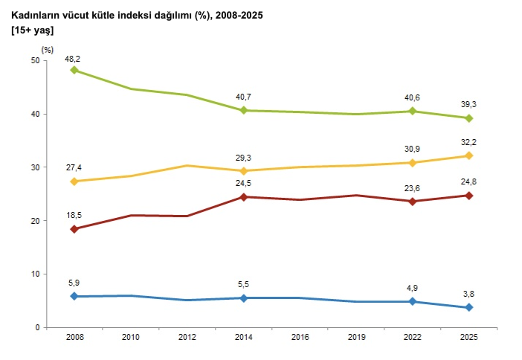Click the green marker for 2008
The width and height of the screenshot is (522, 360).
74,70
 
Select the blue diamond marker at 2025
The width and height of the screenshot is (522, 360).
468,307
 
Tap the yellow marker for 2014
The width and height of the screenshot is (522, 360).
244,171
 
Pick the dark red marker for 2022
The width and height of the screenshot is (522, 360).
413,202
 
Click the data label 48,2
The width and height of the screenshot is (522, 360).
73,60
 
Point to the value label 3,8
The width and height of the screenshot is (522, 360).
468,294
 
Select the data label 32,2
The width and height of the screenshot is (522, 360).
468,143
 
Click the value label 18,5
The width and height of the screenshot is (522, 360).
74,216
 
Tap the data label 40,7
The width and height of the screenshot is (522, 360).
243,97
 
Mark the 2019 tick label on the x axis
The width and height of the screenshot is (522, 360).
356,338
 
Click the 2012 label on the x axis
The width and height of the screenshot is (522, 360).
187,338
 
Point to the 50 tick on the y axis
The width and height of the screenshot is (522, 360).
35,60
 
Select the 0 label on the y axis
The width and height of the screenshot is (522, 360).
37,328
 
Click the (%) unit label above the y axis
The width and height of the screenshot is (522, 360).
48,50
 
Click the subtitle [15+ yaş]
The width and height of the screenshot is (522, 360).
32,30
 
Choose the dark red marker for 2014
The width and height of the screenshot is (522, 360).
244,197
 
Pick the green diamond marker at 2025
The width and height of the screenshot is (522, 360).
468,118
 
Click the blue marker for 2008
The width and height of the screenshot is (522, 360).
74,296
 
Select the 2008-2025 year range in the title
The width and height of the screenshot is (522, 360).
239,16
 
